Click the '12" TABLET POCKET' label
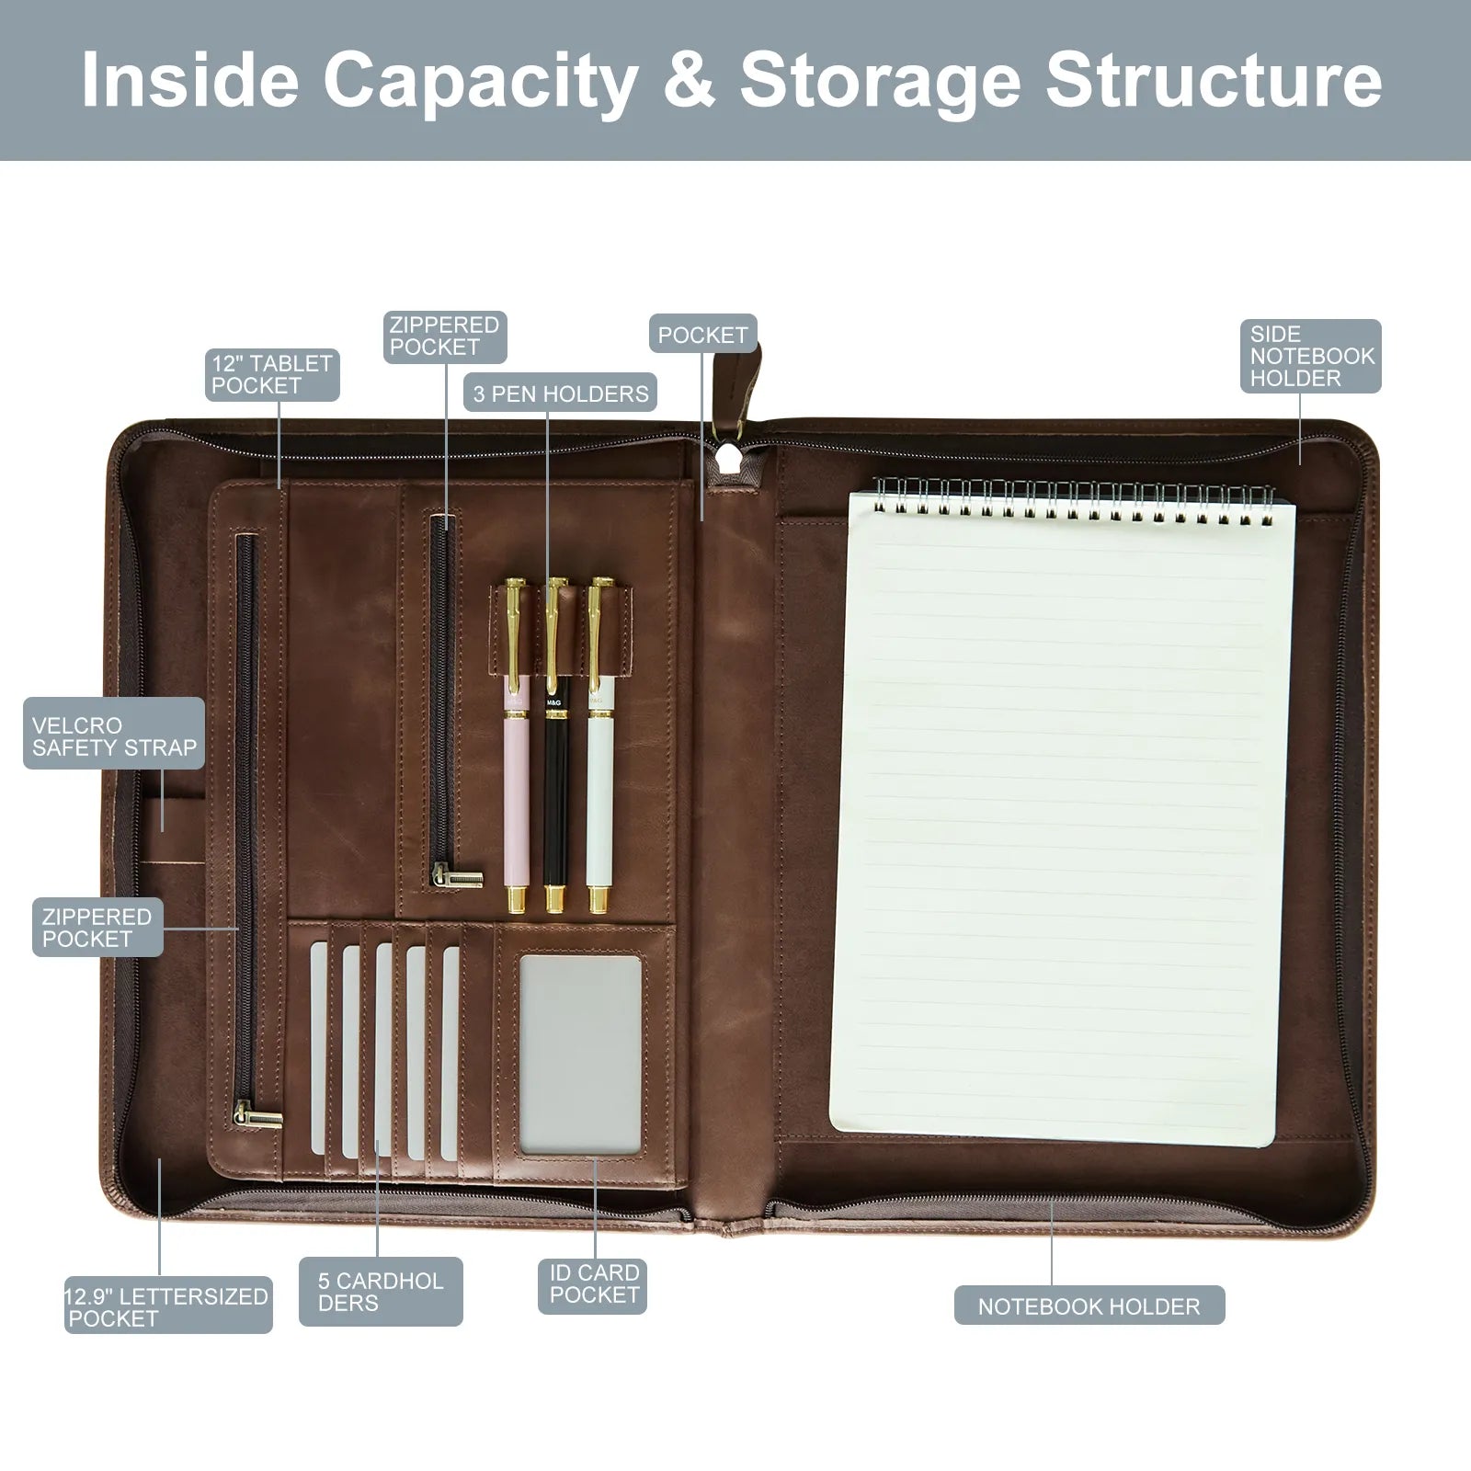[272, 374]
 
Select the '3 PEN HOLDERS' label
[560, 394]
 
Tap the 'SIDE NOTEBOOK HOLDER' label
[1311, 356]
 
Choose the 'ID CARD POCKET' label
[593, 1284]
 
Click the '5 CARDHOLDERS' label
[381, 1292]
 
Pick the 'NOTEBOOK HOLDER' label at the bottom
[1089, 1306]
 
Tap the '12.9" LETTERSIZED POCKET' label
[168, 1306]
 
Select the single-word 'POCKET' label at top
[702, 336]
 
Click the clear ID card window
[580, 1054]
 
